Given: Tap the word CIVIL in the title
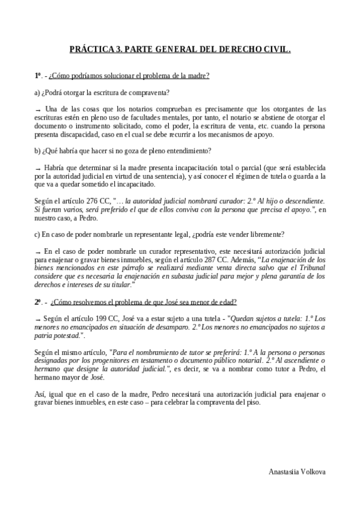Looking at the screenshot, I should tap(275, 52).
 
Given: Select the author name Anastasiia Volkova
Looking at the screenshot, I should tap(297, 472).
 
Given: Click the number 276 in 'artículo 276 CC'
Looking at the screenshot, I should tap(84, 200).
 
